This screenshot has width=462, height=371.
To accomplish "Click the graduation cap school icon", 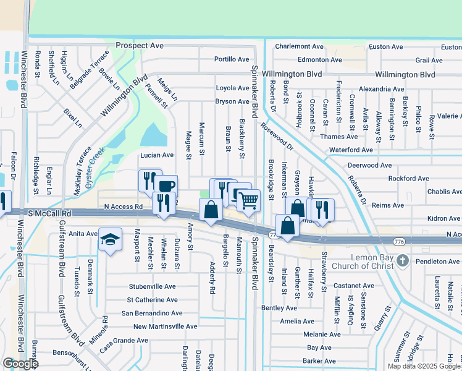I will click(x=110, y=241).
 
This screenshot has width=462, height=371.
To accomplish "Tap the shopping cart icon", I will click(x=248, y=200).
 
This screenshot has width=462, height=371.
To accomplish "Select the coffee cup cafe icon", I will click(x=166, y=186).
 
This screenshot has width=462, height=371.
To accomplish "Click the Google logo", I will click(x=20, y=364).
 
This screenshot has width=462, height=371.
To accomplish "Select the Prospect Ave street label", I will click(x=140, y=46).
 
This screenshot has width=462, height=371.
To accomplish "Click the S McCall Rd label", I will click(x=50, y=213).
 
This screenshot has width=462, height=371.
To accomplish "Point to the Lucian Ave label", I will click(x=157, y=155).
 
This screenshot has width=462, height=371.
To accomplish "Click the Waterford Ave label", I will click(x=351, y=150).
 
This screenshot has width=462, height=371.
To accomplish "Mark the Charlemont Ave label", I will click(x=300, y=46).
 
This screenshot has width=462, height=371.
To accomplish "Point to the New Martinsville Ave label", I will click(x=165, y=326).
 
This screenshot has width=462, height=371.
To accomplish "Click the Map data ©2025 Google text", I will click(x=423, y=366).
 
